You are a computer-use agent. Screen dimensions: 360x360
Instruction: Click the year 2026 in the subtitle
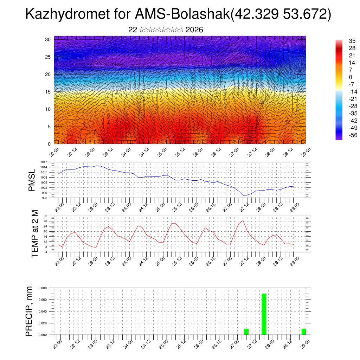coord(194,30)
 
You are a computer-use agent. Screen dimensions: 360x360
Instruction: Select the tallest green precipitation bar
coord(264,314)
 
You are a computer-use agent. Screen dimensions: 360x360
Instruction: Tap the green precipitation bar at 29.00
coord(304,332)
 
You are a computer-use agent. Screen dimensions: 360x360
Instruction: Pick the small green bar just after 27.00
coord(246,332)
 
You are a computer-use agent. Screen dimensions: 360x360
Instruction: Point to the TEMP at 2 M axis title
coord(35,233)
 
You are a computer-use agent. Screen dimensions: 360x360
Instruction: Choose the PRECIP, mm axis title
coord(30,311)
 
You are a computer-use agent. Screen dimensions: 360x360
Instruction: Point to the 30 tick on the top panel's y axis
coord(47,39)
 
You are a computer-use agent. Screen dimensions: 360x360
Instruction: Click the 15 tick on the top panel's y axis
coord(47,92)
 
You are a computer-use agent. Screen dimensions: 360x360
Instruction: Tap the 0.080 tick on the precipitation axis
coord(43,288)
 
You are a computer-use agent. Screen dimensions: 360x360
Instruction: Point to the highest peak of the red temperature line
coord(243,221)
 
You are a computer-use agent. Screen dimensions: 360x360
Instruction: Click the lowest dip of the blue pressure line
coord(244,195)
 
